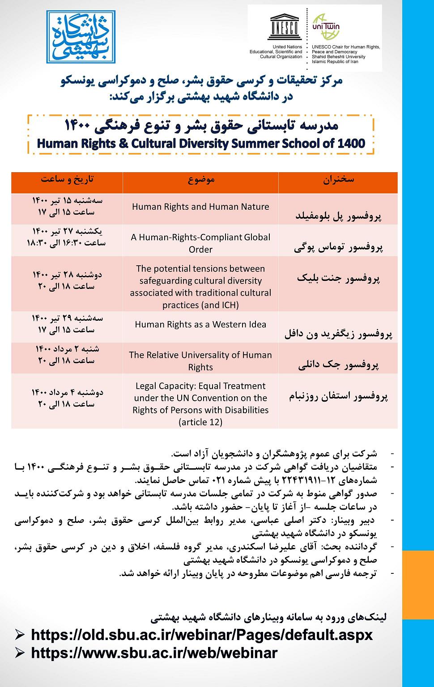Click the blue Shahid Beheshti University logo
80,36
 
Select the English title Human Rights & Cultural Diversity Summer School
201,144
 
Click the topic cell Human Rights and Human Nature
200,207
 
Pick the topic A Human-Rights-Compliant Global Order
200,243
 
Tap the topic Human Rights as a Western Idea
200,324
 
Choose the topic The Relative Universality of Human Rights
200,360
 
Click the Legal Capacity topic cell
200,403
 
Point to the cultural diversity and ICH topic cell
200,287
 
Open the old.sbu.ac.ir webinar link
201,635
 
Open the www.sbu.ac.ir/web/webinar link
154,653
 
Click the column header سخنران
338,179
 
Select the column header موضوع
200,179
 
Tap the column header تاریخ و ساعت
67,179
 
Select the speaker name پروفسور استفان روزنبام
338,396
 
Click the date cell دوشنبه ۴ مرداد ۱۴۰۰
67,392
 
